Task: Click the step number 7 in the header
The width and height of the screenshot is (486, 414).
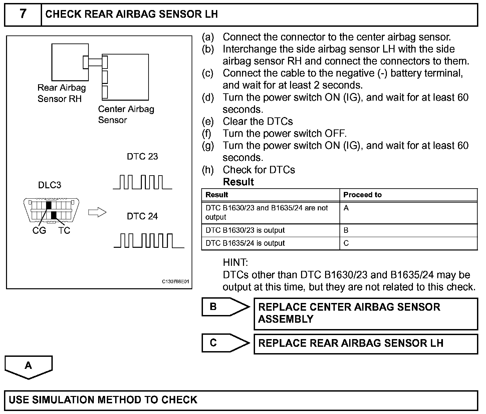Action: pyautogui.click(x=23, y=14)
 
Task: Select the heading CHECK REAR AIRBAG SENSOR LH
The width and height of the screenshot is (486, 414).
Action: pyautogui.click(x=132, y=14)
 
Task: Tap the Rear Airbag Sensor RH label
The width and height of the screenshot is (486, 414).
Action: pyautogui.click(x=61, y=93)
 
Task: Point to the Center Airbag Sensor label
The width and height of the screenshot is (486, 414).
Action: pyautogui.click(x=126, y=114)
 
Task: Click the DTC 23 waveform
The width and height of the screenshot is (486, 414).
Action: pyautogui.click(x=143, y=182)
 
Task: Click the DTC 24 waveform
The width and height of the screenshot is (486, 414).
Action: pyautogui.click(x=149, y=241)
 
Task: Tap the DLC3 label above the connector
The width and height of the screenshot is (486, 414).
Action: pyautogui.click(x=50, y=185)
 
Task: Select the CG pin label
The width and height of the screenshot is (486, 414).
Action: pyautogui.click(x=39, y=231)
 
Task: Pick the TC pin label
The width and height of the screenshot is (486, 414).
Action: pyautogui.click(x=64, y=231)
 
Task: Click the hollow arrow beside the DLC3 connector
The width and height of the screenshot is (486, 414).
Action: pyautogui.click(x=97, y=212)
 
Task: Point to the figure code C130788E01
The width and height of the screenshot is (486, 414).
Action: pyautogui.click(x=176, y=282)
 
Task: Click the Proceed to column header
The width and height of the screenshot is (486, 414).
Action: pyautogui.click(x=362, y=195)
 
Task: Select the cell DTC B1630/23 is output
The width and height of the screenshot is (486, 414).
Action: pyautogui.click(x=245, y=230)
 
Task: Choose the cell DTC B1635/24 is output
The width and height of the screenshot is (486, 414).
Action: pyautogui.click(x=245, y=243)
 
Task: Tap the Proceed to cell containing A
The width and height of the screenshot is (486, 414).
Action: pyautogui.click(x=346, y=208)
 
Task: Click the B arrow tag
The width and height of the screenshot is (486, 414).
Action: pyautogui.click(x=225, y=307)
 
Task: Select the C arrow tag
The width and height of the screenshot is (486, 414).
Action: pyautogui.click(x=225, y=343)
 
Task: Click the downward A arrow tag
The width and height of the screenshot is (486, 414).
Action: pyautogui.click(x=29, y=367)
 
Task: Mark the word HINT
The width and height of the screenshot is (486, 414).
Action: pyautogui.click(x=235, y=263)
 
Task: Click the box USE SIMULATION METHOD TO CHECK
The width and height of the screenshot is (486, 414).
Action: pyautogui.click(x=241, y=400)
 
